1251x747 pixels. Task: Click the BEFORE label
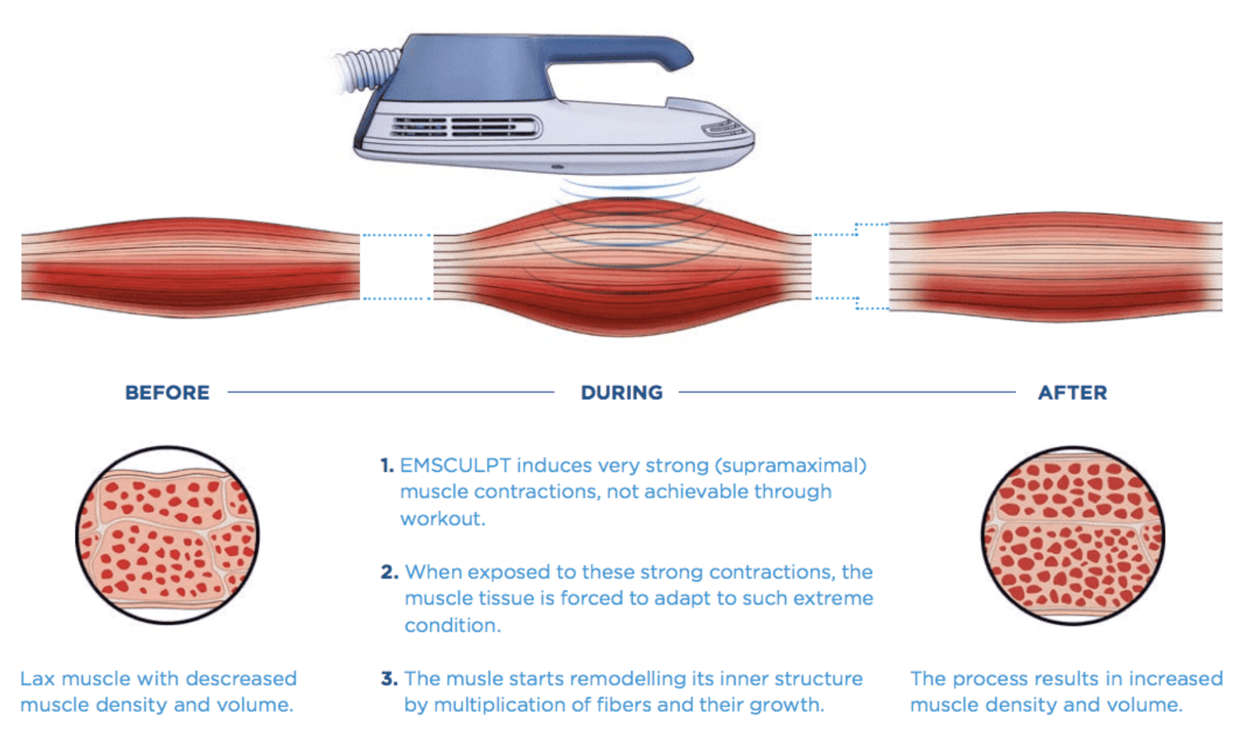click(167, 392)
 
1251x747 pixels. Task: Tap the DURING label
click(622, 392)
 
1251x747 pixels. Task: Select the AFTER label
click(1072, 392)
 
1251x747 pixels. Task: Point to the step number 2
click(389, 572)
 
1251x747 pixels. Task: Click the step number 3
click(389, 678)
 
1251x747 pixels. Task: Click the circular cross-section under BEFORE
click(167, 535)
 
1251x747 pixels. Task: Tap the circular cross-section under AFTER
click(1073, 535)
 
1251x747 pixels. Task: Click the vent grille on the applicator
click(465, 127)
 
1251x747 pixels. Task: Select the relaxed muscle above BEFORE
click(190, 266)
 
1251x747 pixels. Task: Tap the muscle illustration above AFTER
click(1056, 266)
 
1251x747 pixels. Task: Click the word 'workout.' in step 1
click(443, 519)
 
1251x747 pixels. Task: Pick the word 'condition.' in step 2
click(452, 625)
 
